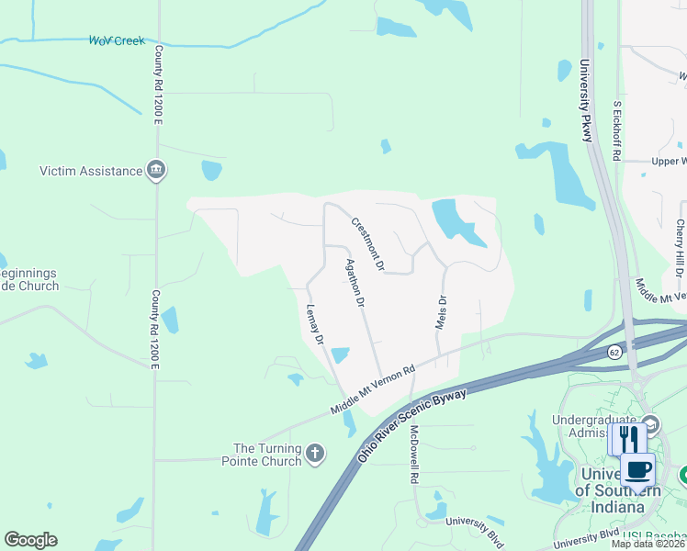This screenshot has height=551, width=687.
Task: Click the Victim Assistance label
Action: point(91,171)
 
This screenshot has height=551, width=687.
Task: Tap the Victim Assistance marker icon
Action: point(157,171)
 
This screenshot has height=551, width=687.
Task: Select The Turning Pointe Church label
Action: point(268,455)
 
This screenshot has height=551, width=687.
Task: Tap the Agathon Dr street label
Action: point(355,282)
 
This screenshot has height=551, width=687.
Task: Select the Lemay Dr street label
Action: point(315,325)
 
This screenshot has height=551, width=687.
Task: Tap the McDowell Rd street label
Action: point(414,455)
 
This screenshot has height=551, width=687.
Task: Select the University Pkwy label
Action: point(586,101)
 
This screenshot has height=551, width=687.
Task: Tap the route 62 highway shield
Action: point(614,352)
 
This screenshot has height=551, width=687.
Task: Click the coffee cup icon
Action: point(637,469)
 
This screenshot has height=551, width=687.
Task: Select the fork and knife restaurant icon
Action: point(627,437)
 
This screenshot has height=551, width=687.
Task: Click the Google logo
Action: point(30,540)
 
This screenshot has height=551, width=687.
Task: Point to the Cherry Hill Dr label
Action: point(681,249)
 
